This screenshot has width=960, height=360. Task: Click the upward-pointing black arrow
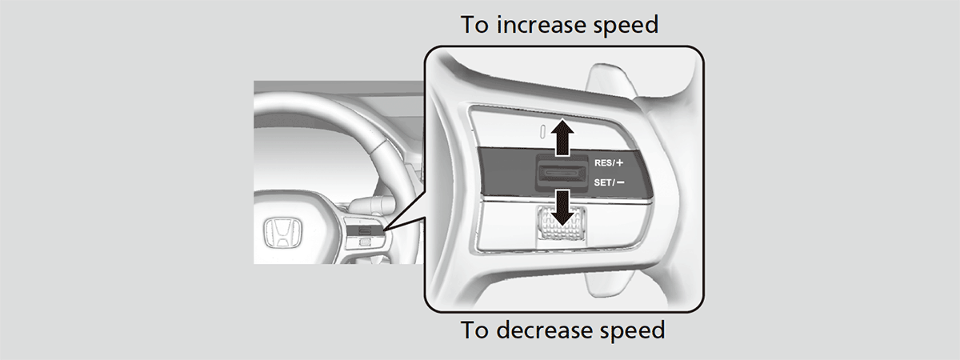coord(562,138)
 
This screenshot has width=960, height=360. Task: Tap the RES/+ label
coord(609,163)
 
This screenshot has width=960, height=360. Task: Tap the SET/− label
coord(609,182)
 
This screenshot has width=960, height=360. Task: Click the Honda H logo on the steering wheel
coord(282,234)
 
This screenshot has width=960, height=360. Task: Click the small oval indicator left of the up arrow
coord(542,131)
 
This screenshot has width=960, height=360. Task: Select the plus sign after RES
coord(620,163)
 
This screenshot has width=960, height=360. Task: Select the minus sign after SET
coord(620,182)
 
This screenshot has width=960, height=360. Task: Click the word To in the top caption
coord(475,25)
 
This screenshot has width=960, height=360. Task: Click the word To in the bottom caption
coord(475,330)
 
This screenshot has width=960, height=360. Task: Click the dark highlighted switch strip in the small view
coord(365,231)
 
